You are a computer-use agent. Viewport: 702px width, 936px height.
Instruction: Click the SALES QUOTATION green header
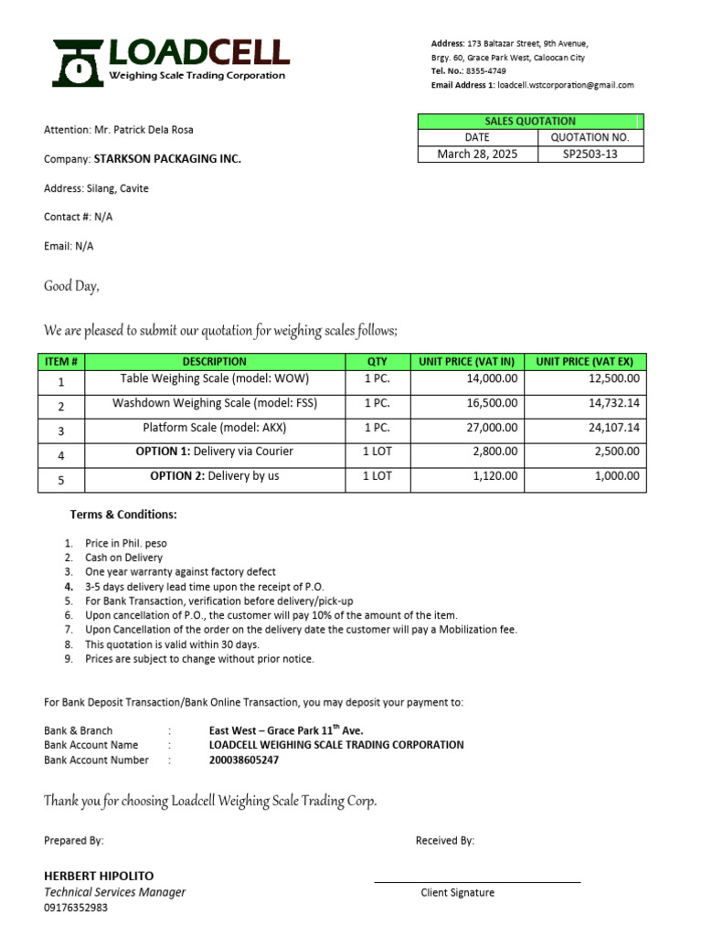(530, 121)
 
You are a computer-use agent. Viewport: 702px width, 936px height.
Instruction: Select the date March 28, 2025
(476, 154)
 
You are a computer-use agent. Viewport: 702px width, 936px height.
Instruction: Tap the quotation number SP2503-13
(590, 154)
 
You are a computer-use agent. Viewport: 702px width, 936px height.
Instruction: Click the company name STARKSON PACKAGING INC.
(167, 159)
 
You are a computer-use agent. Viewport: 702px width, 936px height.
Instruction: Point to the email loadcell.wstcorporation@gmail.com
(565, 85)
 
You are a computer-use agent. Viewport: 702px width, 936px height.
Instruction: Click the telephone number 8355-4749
(485, 71)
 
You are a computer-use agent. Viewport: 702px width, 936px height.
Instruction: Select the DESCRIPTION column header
(215, 361)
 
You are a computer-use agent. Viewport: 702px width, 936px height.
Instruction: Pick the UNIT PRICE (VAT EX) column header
(590, 361)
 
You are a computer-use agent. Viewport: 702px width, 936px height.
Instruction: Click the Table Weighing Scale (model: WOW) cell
(215, 378)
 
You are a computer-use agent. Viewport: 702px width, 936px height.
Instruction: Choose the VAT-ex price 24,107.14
(614, 428)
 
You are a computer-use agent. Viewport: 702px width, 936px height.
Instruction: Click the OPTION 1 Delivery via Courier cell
(215, 452)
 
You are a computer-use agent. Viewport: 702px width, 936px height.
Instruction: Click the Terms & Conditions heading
(123, 515)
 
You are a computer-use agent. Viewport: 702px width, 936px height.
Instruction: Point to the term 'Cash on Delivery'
(123, 558)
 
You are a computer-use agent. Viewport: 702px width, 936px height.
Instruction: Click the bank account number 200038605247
(244, 760)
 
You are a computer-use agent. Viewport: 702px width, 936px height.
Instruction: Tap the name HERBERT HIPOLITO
(99, 876)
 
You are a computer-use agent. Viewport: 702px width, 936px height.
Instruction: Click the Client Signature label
(457, 892)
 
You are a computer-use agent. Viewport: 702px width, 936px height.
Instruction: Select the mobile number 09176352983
(76, 908)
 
